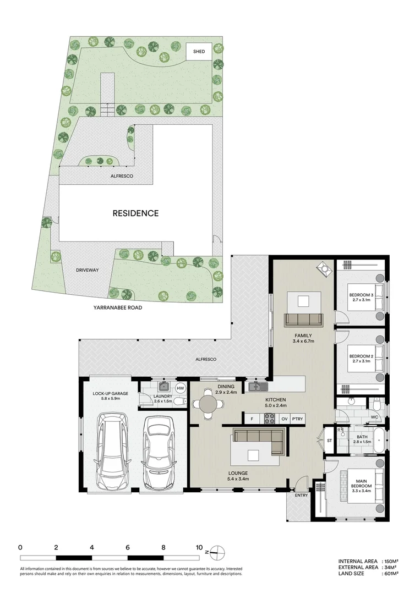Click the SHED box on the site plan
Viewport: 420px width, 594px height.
(199, 52)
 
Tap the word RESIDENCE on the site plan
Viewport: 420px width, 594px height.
(135, 213)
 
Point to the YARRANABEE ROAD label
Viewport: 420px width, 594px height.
(118, 307)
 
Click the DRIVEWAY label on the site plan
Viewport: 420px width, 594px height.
(87, 270)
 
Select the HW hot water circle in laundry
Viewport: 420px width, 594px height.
(181, 388)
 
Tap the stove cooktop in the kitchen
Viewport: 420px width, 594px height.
(270, 419)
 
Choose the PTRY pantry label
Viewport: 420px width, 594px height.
(297, 419)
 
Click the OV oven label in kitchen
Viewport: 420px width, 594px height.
(284, 419)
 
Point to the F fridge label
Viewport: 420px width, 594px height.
(252, 419)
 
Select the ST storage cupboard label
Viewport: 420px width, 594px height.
(329, 441)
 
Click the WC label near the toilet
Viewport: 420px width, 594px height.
(374, 417)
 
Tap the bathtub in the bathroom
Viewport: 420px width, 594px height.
(379, 441)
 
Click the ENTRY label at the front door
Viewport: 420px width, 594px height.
(301, 495)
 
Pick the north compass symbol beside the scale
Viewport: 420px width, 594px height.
(217, 552)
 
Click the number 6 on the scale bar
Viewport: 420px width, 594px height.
(128, 547)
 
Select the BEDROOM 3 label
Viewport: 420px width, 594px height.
(361, 295)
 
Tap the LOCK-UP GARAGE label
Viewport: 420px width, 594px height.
(110, 394)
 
